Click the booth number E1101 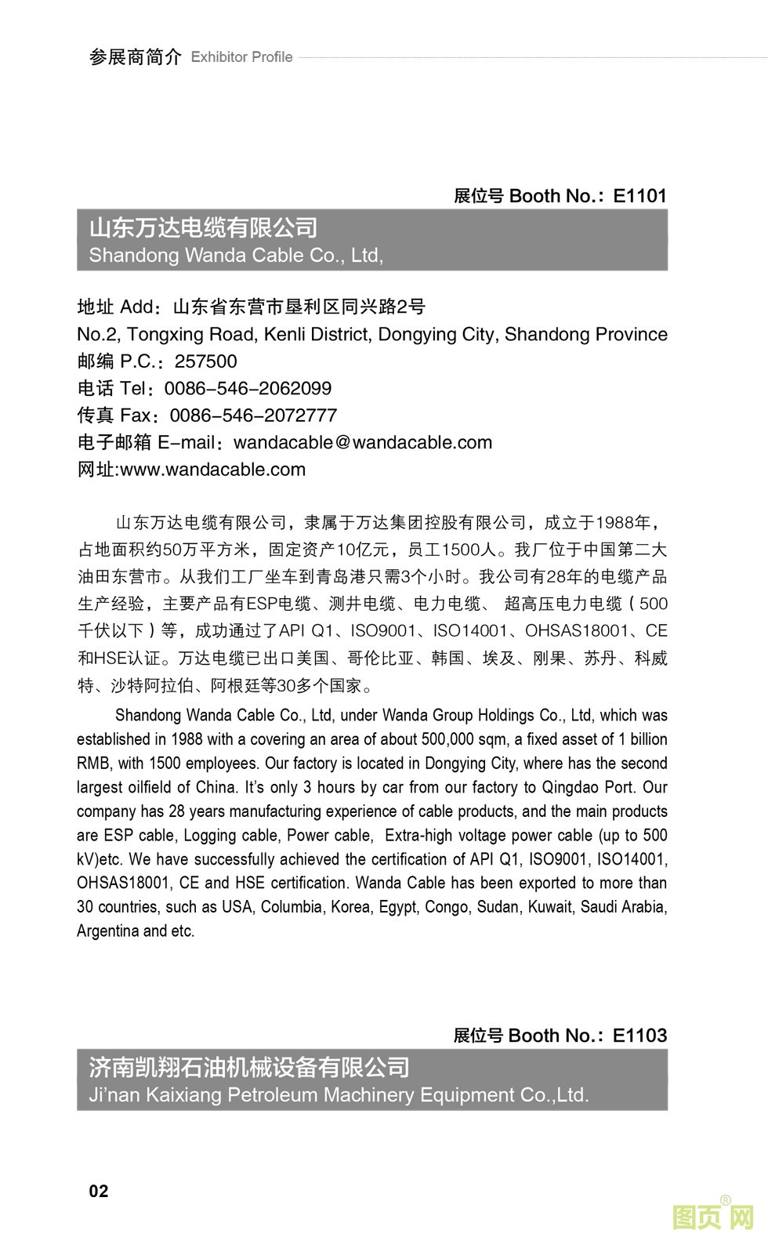[639, 196]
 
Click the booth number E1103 [639, 1036]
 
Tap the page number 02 [99, 1192]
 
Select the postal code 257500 [205, 361]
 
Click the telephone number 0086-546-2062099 [248, 389]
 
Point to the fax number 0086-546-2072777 [253, 415]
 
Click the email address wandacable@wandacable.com [363, 443]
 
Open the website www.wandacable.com [212, 470]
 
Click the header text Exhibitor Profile [241, 57]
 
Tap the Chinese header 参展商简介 [135, 57]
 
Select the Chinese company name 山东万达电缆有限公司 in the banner [203, 228]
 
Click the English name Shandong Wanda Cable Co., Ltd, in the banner [236, 256]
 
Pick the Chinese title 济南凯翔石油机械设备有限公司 [249, 1068]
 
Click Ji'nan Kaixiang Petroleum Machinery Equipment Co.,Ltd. [339, 1095]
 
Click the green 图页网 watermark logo [712, 1217]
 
